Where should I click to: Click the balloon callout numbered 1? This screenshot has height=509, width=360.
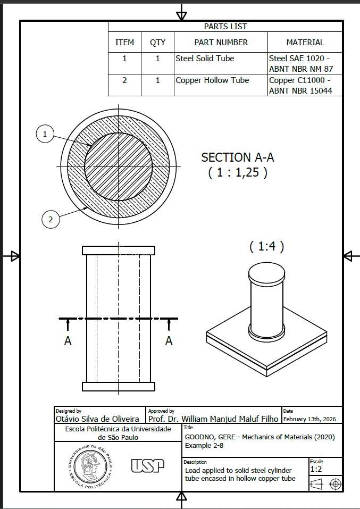tap(45, 133)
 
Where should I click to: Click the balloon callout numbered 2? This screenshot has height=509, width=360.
tap(51, 220)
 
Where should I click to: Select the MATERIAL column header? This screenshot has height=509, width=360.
tap(305, 42)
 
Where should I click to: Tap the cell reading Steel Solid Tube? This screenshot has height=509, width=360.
tap(205, 59)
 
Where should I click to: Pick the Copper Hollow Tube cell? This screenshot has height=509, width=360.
tap(212, 80)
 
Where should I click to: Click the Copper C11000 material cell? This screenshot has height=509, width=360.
tap(300, 86)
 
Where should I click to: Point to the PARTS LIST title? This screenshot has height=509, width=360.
tap(225, 27)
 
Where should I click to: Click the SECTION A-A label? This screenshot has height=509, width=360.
tap(238, 157)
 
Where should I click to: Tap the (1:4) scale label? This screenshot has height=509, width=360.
tap(267, 247)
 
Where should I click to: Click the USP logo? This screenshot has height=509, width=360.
tap(148, 466)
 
